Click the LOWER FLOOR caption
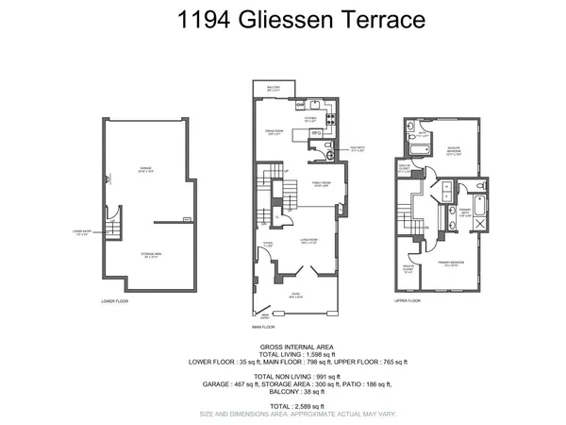point(114,301)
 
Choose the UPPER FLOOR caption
point(407,301)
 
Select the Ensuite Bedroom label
point(456,148)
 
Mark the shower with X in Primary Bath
point(479,224)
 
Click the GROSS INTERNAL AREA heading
point(284,347)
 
